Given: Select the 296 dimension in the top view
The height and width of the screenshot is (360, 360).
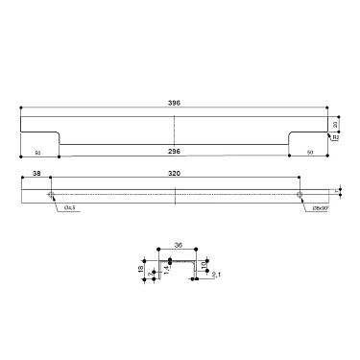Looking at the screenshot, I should point(174,151).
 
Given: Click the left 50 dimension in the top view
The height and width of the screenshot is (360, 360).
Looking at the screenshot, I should point(37,152).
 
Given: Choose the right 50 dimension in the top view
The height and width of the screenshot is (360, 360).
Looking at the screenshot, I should point(310,152).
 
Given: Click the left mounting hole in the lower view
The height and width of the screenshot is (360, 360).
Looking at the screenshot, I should point(51,193).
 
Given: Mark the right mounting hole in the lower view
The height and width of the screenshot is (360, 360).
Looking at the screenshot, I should point(300,193).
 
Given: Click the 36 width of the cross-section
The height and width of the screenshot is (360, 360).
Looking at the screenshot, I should point(178,246).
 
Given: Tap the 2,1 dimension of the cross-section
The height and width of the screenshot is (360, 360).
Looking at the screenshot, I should point(216,276).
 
